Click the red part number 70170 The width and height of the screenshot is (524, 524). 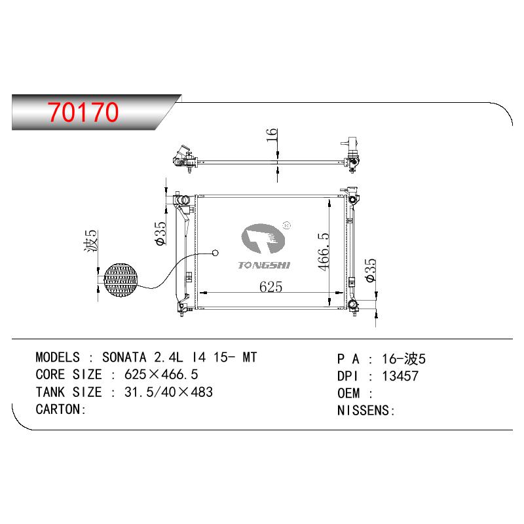point(83,111)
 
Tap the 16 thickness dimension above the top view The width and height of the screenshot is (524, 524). point(272,135)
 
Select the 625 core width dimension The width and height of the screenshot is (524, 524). point(271,287)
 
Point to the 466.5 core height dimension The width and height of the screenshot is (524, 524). point(324,252)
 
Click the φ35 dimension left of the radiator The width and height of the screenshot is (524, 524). point(160,233)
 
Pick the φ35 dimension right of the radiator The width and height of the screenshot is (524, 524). point(371,270)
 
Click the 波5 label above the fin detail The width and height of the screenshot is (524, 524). point(90,240)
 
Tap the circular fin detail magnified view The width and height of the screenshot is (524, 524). point(121,280)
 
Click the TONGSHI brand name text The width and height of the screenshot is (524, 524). point(264,265)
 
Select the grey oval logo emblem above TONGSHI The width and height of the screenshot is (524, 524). point(263,238)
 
